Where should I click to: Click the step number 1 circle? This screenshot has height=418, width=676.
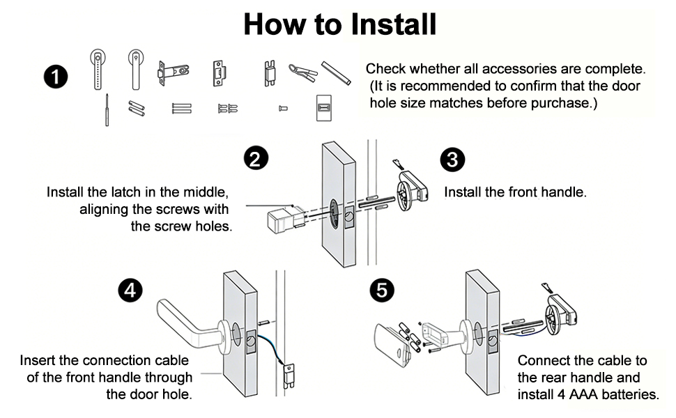click(x=56, y=77)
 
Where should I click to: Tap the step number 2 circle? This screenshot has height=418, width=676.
click(x=256, y=158)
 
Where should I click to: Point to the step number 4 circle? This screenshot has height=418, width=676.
click(x=130, y=290)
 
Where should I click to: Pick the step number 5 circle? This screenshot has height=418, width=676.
click(x=381, y=290)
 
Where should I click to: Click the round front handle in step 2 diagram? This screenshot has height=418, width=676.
click(x=409, y=192)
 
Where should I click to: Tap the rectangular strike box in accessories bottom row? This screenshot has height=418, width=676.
click(x=323, y=109)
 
